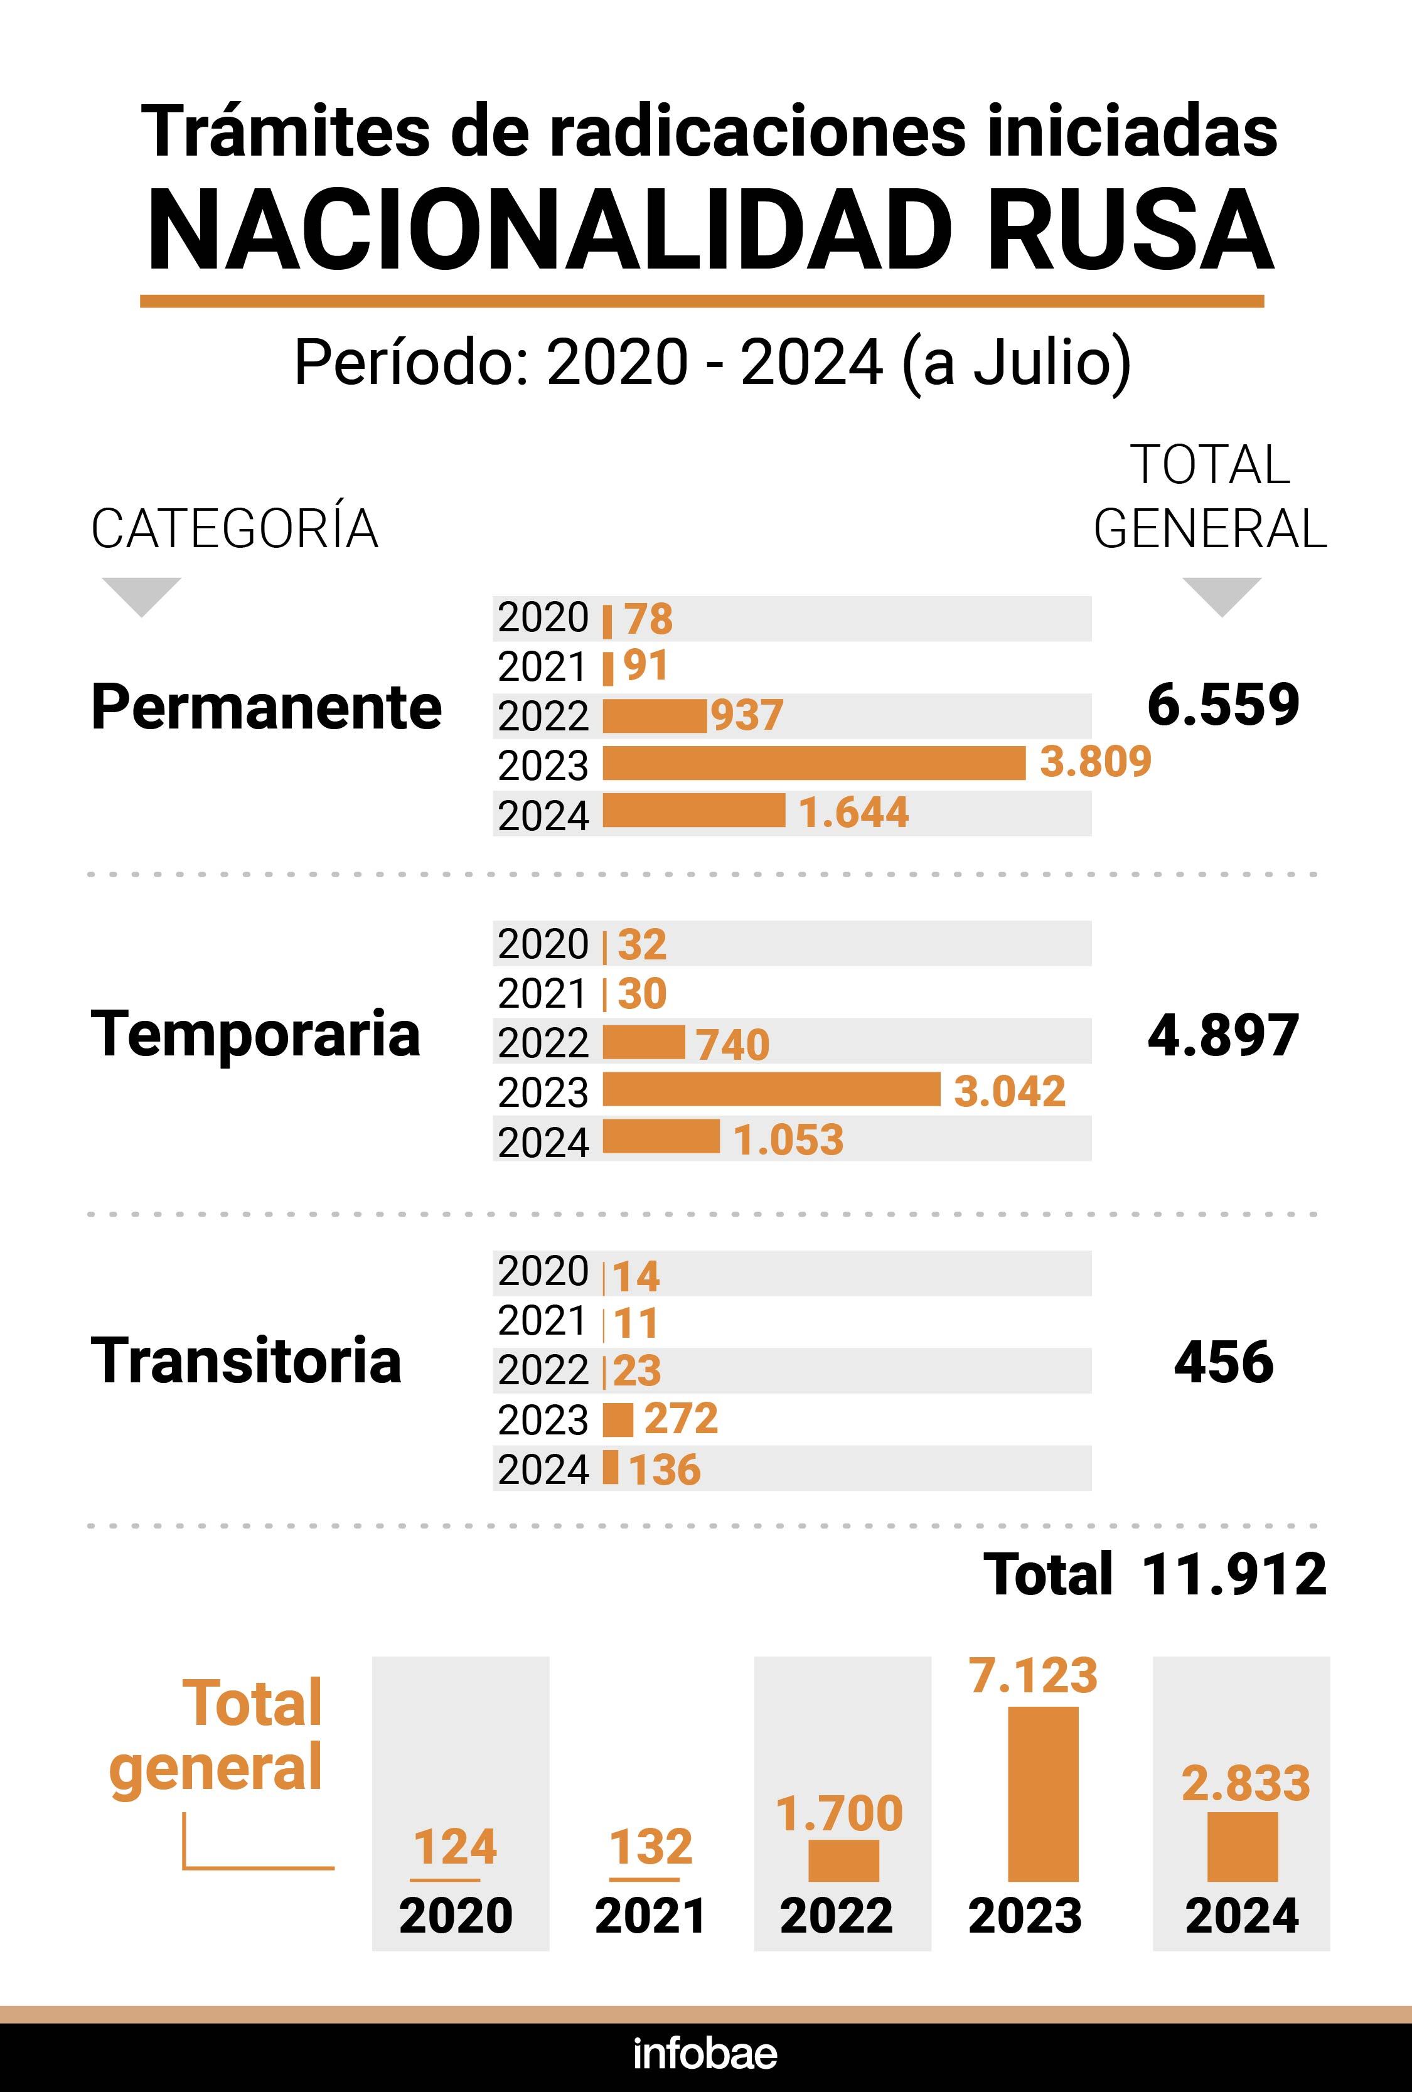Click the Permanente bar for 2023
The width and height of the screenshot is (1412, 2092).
[x=813, y=764]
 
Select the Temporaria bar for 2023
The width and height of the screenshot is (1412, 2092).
[x=771, y=1089]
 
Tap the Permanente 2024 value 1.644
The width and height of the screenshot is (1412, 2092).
[x=853, y=813]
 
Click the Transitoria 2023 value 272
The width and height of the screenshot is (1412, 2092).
[x=681, y=1419]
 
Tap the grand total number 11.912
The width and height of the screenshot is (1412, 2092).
[x=1234, y=1574]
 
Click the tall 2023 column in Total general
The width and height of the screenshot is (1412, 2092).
[x=1043, y=1793]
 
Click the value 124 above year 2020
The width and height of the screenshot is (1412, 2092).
[x=455, y=1847]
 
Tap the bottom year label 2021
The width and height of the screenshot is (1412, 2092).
[x=650, y=1916]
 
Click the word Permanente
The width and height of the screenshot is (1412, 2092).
[x=267, y=707]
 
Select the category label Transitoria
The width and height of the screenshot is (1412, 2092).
[x=246, y=1360]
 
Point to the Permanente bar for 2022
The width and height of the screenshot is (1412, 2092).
[x=655, y=717]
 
